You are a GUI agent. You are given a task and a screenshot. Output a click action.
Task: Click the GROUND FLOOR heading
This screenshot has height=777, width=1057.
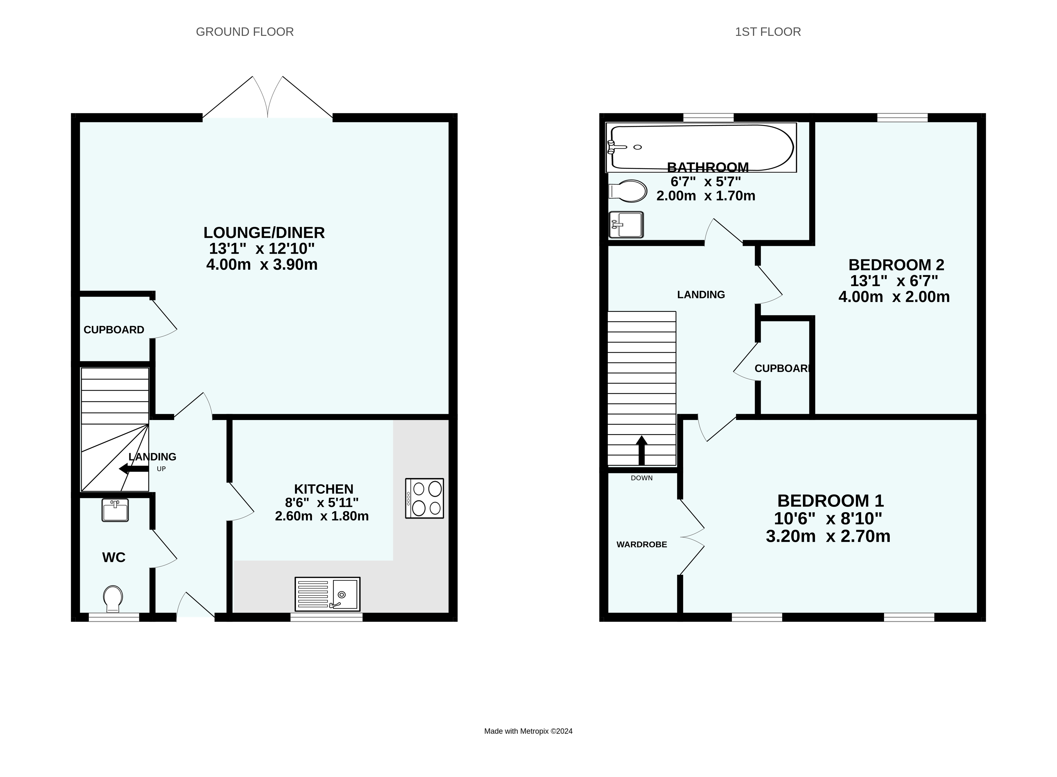point(245,32)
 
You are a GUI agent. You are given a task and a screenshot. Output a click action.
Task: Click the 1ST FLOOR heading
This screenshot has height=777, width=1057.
point(768,32)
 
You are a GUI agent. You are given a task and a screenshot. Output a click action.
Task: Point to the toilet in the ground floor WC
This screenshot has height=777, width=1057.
point(113,599)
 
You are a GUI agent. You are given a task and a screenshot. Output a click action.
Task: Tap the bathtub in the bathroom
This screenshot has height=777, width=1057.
point(701,148)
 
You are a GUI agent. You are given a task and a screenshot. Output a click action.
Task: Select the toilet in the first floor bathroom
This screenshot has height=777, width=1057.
point(628,191)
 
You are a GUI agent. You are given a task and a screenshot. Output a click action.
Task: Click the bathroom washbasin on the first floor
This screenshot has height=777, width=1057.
point(626,225)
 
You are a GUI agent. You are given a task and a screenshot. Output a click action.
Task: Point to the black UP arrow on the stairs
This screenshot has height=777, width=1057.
point(134,468)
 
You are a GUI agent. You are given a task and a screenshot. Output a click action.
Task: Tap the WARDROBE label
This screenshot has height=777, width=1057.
point(642,545)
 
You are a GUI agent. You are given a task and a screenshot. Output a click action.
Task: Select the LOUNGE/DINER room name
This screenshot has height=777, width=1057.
point(264,233)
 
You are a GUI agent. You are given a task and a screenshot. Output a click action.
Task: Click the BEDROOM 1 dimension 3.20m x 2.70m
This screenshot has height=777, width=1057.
point(828,537)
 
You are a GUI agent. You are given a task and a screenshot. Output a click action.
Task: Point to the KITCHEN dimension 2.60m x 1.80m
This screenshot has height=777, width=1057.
point(322,516)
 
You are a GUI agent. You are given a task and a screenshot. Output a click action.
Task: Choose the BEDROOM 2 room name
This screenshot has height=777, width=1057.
point(896,265)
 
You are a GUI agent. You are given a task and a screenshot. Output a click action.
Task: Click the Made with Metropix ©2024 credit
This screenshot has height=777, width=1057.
point(528,732)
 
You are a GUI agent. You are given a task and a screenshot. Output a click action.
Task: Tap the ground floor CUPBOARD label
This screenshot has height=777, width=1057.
point(114,330)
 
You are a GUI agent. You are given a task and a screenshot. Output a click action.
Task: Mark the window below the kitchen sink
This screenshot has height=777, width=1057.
point(326,617)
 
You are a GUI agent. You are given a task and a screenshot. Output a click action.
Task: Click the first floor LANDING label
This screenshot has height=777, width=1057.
point(701,295)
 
